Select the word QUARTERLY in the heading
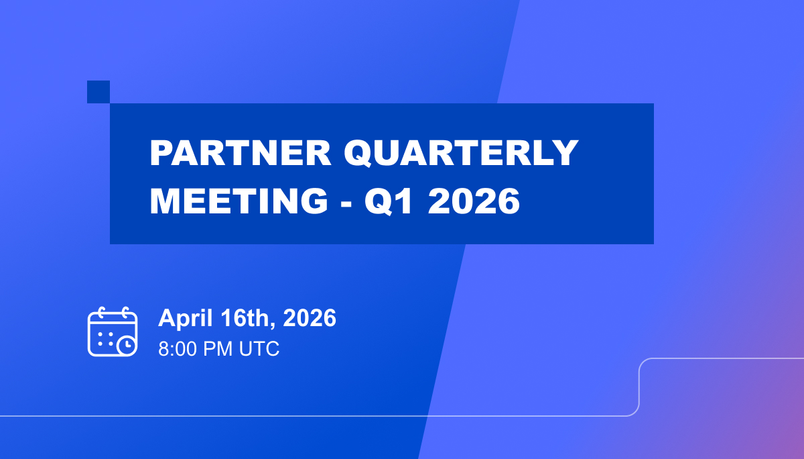pos(460,154)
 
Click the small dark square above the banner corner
pos(98,92)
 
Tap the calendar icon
pos(112,331)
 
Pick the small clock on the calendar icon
pos(126,346)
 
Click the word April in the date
pos(182,319)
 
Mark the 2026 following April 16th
pos(310,318)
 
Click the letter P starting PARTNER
pos(161,154)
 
